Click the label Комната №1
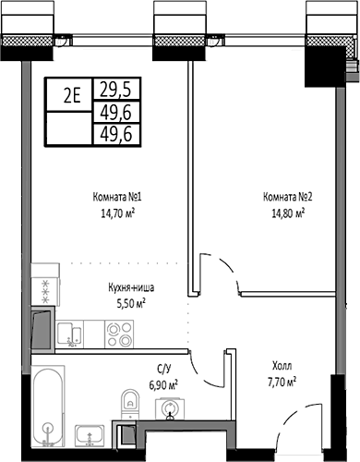click(115, 197)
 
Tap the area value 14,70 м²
click(115, 212)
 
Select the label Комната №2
click(283, 197)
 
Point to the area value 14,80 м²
click(283, 212)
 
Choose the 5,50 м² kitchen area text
click(127, 301)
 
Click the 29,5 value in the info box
click(115, 88)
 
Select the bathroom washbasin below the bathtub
click(89, 433)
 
